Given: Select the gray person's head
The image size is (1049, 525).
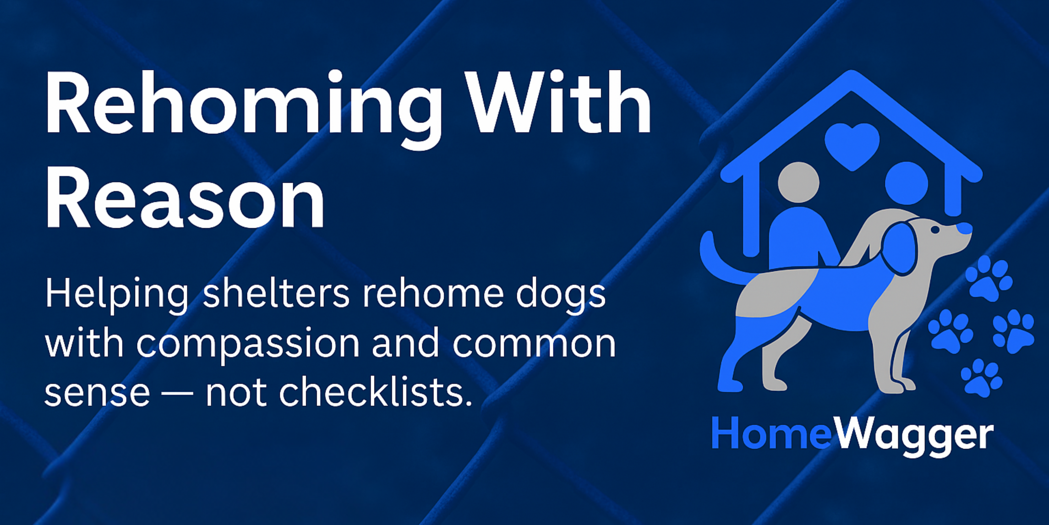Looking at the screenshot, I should pos(798,182).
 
